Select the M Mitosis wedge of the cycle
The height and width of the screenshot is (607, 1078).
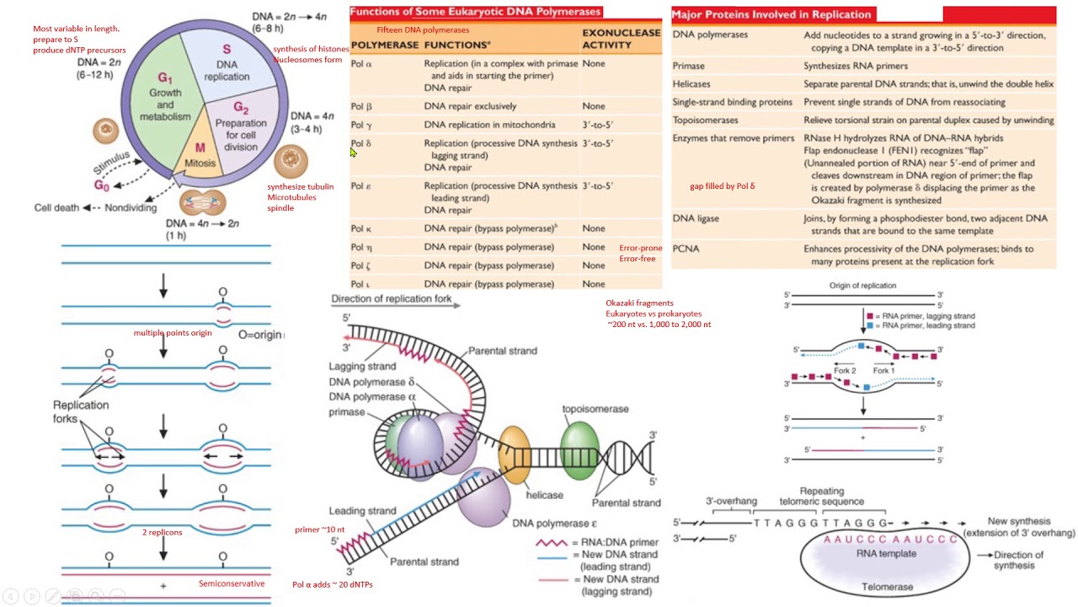pyautogui.click(x=200, y=155)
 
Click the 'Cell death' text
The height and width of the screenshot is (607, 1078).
pyautogui.click(x=56, y=207)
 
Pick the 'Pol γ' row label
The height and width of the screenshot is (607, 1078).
pyautogui.click(x=361, y=125)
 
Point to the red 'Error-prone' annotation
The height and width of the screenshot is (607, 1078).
pyautogui.click(x=640, y=248)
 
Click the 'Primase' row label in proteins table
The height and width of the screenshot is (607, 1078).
pyautogui.click(x=688, y=66)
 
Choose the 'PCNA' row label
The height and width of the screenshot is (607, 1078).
pyautogui.click(x=686, y=249)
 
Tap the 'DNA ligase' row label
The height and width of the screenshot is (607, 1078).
pyautogui.click(x=696, y=218)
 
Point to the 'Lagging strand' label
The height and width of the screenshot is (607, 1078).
pyautogui.click(x=362, y=366)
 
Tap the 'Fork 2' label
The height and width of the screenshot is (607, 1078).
pyautogui.click(x=845, y=371)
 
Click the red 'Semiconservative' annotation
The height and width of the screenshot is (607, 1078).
pyautogui.click(x=232, y=583)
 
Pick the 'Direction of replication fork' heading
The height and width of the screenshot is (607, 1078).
pyautogui.click(x=391, y=298)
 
